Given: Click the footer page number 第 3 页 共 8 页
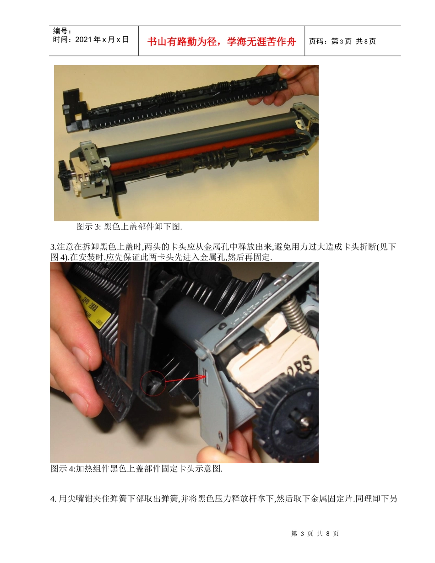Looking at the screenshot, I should [x=315, y=534].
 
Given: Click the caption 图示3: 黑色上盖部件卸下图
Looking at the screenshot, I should [x=129, y=227].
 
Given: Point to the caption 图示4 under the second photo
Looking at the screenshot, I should [x=136, y=469].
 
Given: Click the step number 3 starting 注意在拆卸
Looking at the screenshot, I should [x=52, y=248].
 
